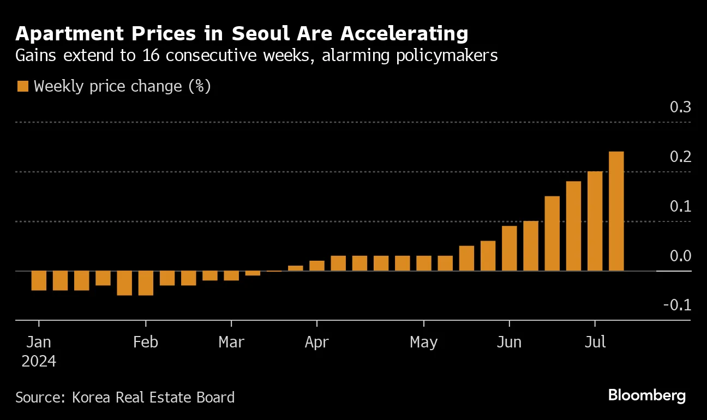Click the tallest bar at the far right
pos(616,211)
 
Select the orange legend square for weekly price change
pos(22,86)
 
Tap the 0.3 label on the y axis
pos(680,107)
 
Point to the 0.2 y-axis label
pos(680,157)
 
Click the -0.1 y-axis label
pos(677,305)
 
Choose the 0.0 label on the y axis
pos(680,256)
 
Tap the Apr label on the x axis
pos(316,342)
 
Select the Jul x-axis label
pos(595,342)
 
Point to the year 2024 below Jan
pos(38,361)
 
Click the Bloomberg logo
pos(647,395)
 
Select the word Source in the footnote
pos(39,397)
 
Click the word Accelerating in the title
pos(404,34)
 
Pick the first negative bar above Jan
pos(39,280)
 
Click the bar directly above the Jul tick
pos(595,221)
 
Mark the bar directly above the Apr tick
pos(317,266)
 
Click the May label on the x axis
pos(423,342)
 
